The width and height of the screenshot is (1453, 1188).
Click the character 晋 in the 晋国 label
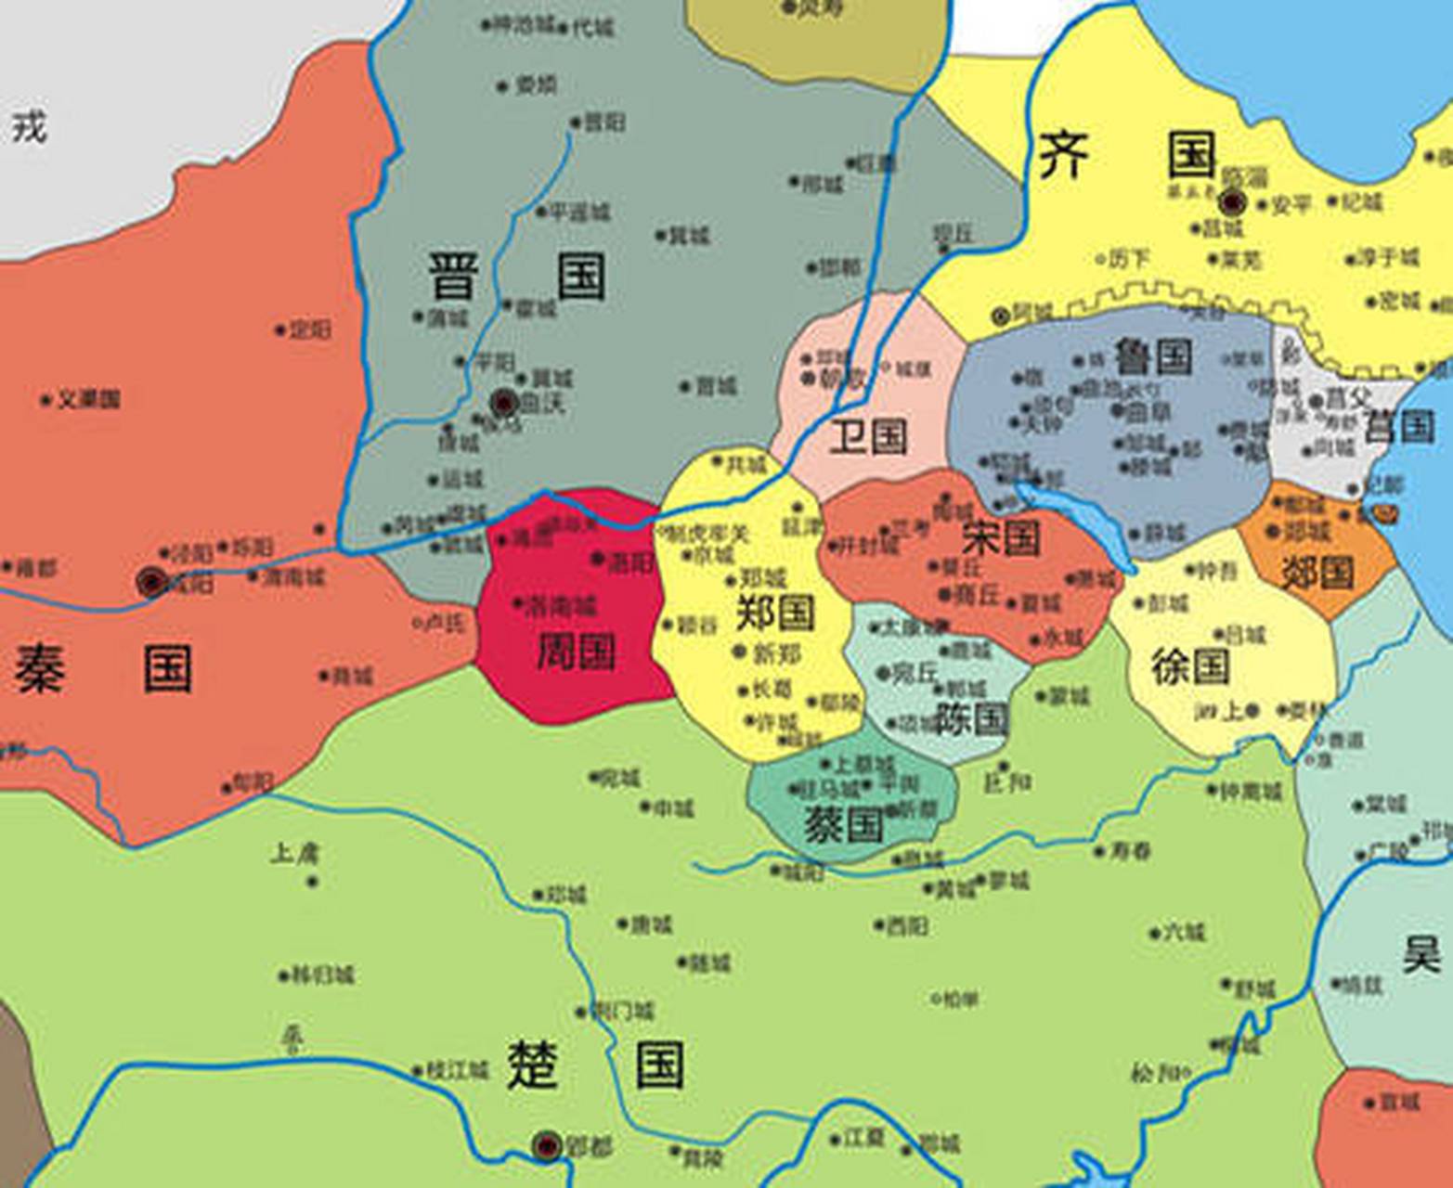[x=453, y=277]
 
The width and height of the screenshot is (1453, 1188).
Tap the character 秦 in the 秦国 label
[x=39, y=669]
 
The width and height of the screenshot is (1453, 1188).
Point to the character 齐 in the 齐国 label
[x=1063, y=155]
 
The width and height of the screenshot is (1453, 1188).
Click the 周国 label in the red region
[x=577, y=651]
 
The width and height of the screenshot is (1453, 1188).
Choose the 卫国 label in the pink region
[x=868, y=436]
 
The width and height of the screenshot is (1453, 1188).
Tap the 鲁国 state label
[x=1153, y=356]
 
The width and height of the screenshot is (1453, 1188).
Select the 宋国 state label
[x=1001, y=538]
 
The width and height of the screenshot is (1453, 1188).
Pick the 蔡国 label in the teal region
[x=843, y=824]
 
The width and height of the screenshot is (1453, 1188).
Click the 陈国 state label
[x=971, y=717]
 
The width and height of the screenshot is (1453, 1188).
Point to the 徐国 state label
[x=1190, y=665]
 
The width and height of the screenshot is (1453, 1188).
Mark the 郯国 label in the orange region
[x=1317, y=573]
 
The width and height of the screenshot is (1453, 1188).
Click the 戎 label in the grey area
[x=29, y=126]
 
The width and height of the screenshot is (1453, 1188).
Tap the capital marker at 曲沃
[x=504, y=402]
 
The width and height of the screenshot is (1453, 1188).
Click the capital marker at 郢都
[x=548, y=1146]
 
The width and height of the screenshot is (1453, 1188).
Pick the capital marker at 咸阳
[x=151, y=582]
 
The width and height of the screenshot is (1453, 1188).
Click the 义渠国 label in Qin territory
[x=89, y=400]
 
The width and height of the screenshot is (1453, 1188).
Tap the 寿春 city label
[x=1133, y=850]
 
